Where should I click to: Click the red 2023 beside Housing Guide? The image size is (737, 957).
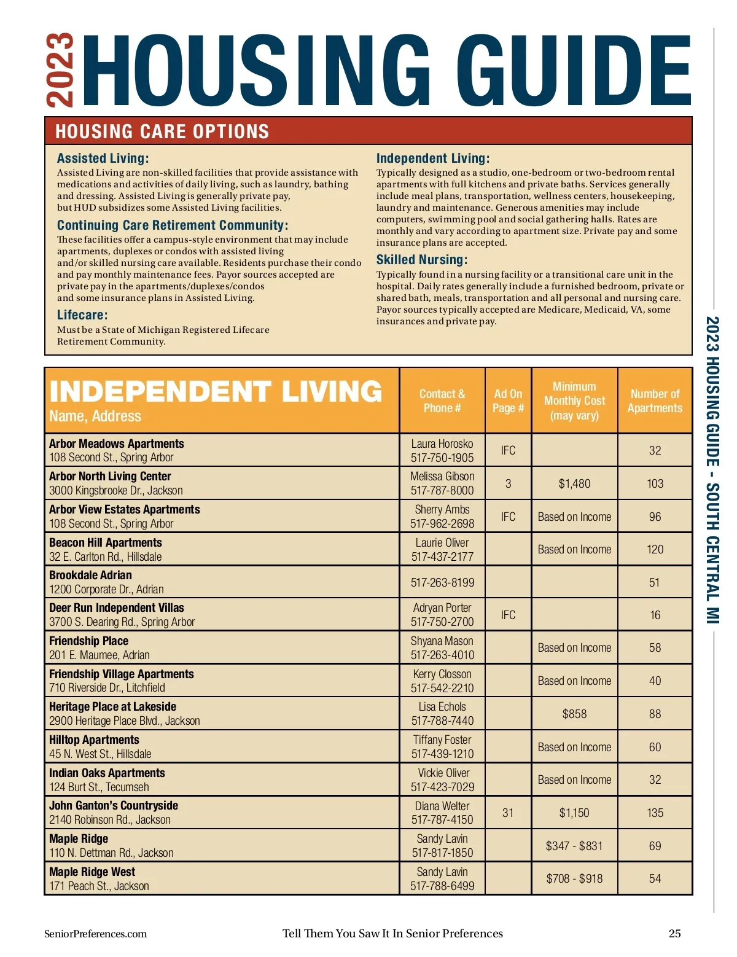point(60,71)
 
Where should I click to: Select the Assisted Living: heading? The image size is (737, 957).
point(103,158)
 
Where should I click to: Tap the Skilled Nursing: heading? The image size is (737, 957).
point(421,260)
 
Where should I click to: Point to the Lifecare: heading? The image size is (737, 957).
point(82,315)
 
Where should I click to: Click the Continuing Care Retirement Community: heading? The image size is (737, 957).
point(172,225)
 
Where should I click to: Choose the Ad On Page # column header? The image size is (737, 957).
point(508,401)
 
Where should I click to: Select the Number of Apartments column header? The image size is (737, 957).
point(655,401)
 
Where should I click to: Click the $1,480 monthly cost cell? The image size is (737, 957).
point(574,484)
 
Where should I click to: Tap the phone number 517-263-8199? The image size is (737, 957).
point(442,582)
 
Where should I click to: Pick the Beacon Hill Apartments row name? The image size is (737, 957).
point(106,543)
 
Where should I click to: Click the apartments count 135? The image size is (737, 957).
point(655,813)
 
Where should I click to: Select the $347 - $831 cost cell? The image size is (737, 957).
point(574,846)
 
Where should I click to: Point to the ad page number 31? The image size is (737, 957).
point(508,813)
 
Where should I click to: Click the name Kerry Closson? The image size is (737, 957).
point(442,674)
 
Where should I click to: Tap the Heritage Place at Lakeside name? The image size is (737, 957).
point(112,707)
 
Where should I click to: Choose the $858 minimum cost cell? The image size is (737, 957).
point(574,714)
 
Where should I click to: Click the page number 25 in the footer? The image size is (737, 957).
point(674,934)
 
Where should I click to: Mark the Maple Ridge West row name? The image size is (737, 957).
point(92,872)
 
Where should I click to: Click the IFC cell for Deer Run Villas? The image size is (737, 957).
point(508,615)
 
